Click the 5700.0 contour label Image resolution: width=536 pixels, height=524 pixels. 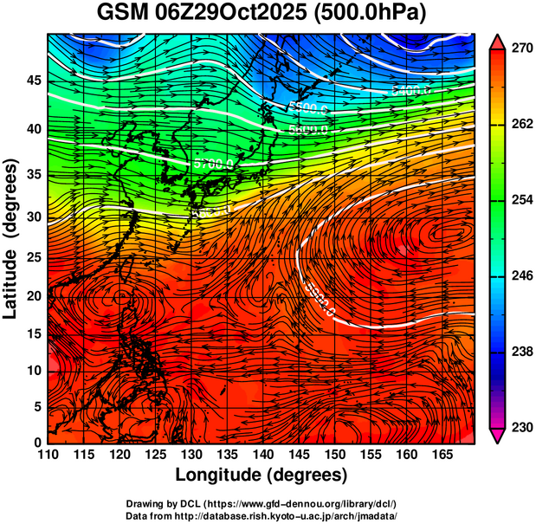[x=213, y=163]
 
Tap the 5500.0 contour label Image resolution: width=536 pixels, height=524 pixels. [x=309, y=108]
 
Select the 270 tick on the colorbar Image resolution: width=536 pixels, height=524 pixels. [x=521, y=49]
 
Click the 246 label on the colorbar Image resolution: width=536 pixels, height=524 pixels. [x=521, y=276]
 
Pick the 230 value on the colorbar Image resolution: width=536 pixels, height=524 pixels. [x=521, y=428]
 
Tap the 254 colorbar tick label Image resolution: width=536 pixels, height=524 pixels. [x=521, y=201]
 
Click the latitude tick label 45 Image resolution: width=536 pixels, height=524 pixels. [x=33, y=81]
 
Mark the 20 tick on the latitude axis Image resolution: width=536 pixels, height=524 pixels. [x=33, y=295]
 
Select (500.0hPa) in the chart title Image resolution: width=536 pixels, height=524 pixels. [x=366, y=14]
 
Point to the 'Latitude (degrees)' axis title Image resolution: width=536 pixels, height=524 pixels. [x=11, y=237]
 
